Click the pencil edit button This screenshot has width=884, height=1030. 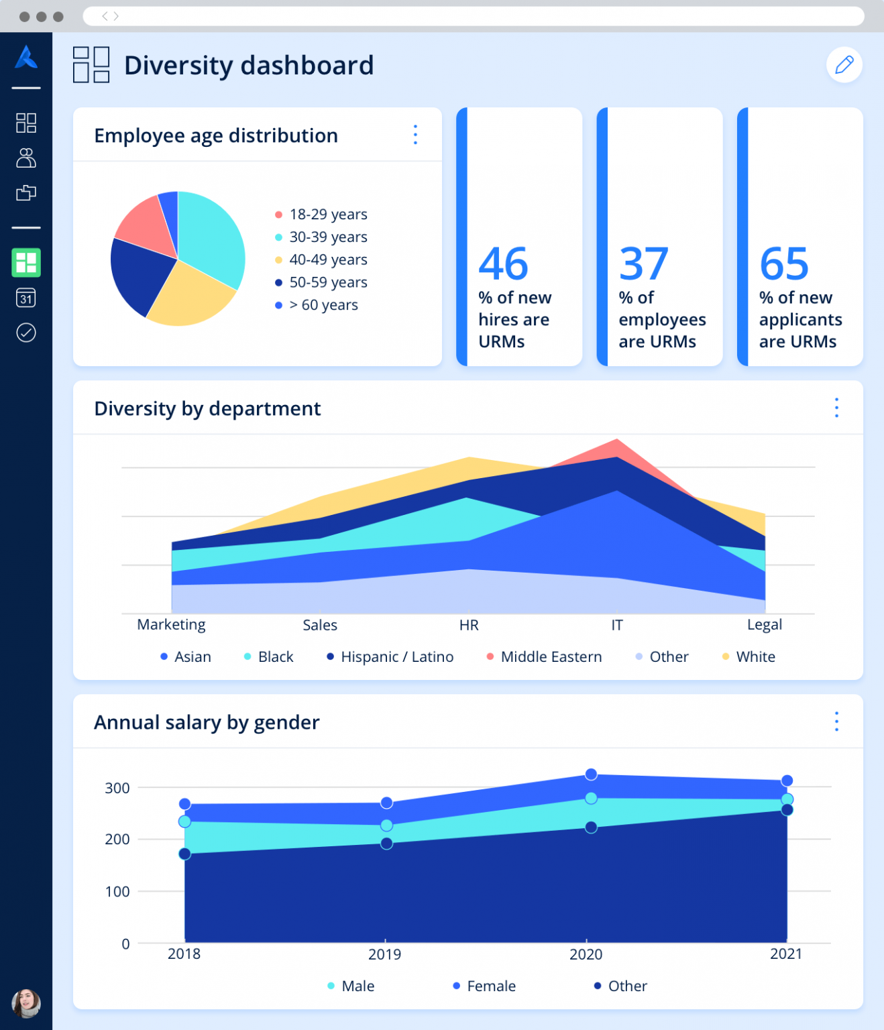[x=844, y=65]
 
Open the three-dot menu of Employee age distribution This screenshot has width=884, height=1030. [x=415, y=135]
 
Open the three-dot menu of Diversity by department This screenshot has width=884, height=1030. [x=836, y=408]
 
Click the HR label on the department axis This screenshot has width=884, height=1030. [x=469, y=625]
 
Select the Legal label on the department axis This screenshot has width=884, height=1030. [x=765, y=625]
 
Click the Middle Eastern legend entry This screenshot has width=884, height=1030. [x=544, y=656]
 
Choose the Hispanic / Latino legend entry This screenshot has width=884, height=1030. [x=390, y=656]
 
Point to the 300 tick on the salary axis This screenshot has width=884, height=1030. [x=117, y=788]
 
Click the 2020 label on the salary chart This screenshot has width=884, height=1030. [x=586, y=954]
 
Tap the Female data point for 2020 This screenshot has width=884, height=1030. [x=591, y=775]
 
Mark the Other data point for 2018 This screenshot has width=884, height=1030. [x=184, y=854]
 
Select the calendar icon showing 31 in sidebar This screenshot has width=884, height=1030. [x=26, y=298]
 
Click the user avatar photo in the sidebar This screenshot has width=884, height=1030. [x=26, y=1003]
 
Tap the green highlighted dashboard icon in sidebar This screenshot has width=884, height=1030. [x=26, y=263]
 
